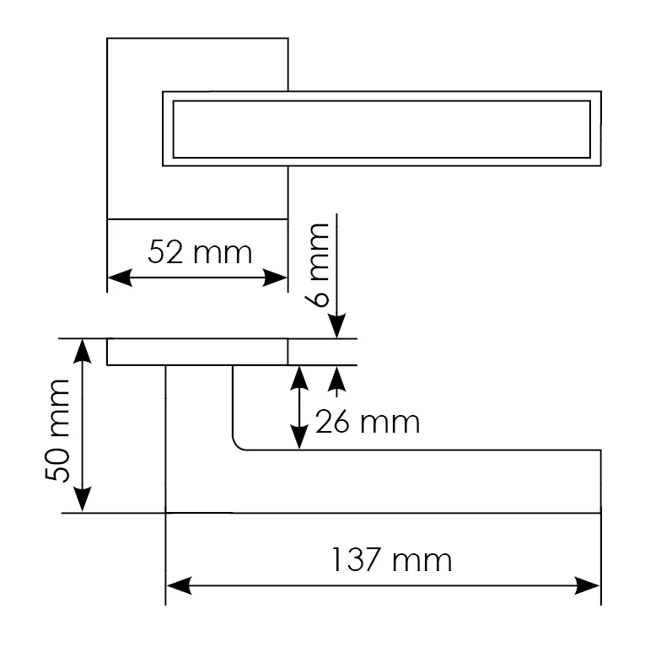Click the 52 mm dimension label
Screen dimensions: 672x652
(200, 252)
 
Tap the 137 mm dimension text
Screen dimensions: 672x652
(392, 560)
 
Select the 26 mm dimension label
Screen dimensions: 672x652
(368, 423)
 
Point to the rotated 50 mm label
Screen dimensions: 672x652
(57, 430)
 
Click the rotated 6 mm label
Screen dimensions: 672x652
(318, 265)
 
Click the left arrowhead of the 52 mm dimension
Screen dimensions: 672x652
(120, 278)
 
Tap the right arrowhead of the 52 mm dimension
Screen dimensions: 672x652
(275, 278)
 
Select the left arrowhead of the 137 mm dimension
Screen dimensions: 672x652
(179, 585)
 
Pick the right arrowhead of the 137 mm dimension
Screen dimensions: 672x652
(588, 585)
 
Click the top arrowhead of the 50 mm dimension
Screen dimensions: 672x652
(82, 352)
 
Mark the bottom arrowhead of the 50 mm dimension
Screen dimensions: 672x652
(82, 500)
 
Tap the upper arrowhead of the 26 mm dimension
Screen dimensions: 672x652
(299, 378)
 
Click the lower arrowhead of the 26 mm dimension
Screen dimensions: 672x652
(299, 437)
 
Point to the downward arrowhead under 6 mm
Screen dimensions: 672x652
(337, 326)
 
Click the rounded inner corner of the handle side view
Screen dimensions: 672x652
(238, 445)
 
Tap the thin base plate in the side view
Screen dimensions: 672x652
(197, 352)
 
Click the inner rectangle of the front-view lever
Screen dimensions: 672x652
(382, 129)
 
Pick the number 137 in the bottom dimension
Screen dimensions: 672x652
(356, 560)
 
